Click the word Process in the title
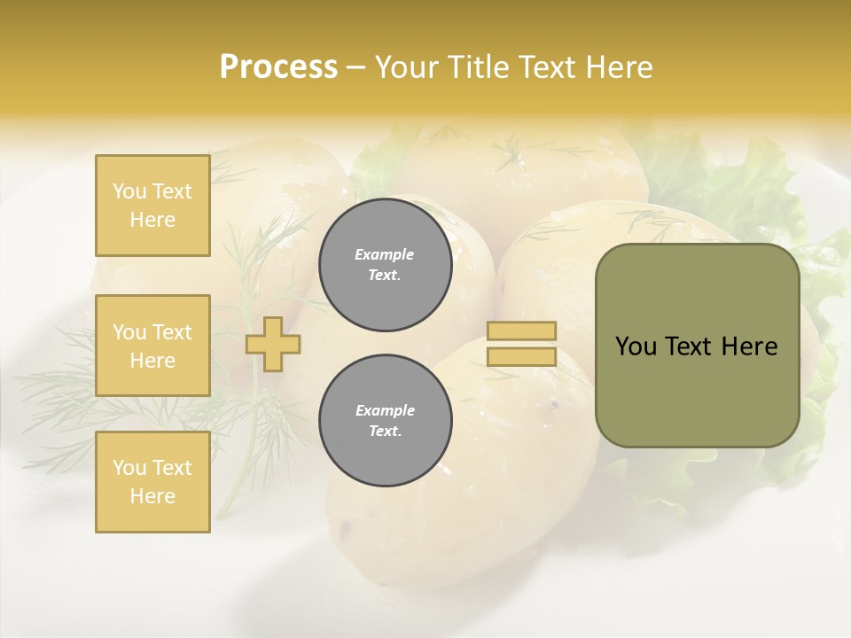[x=278, y=67]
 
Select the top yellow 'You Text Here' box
[x=152, y=206]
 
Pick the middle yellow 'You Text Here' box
[x=152, y=346]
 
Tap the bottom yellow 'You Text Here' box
[x=152, y=482]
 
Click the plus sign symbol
[x=272, y=344]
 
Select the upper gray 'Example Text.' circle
[x=385, y=264]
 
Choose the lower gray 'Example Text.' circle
[x=385, y=420]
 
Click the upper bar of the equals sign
[x=521, y=331]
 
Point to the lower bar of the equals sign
[x=521, y=357]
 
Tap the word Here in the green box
[x=749, y=346]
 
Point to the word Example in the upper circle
[x=385, y=254]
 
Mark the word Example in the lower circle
[x=385, y=410]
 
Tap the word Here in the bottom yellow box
[x=152, y=496]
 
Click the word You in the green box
[x=636, y=346]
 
